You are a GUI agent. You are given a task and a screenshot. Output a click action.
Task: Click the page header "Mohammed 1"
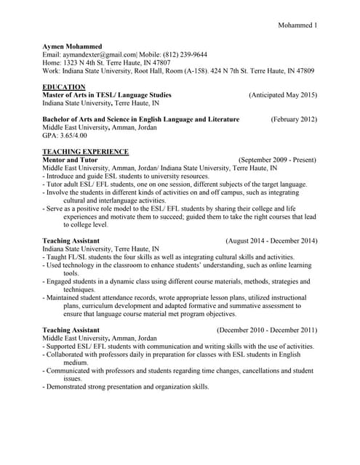pos(297,26)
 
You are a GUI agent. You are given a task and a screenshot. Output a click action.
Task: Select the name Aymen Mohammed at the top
pos(73,45)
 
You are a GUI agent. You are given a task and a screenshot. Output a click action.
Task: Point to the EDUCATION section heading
pos(64,86)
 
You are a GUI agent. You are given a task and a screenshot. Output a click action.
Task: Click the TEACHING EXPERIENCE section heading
pos(86,151)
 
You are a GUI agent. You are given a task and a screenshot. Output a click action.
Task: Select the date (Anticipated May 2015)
pos(282,95)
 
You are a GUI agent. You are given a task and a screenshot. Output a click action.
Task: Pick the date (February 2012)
pos(294,118)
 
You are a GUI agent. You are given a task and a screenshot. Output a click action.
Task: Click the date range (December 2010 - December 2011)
pos(266,330)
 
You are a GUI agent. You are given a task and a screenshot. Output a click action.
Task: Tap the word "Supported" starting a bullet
pos(63,347)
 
